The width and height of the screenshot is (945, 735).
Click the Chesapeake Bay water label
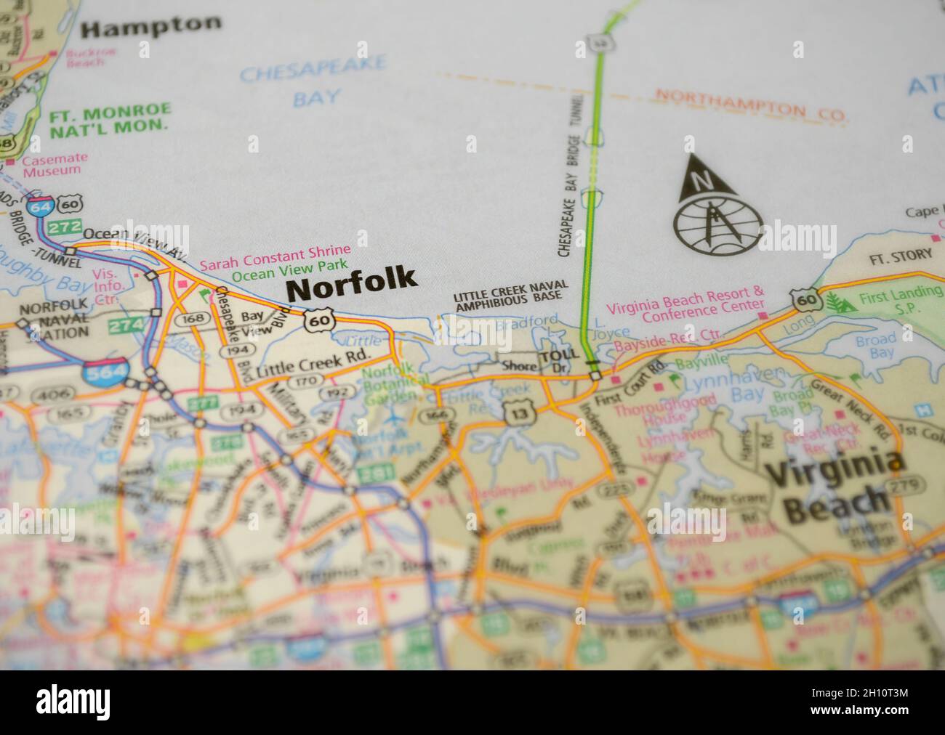[x=312, y=84]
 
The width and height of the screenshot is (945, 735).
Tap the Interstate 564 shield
[x=97, y=374]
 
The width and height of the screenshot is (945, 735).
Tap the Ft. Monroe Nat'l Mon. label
[x=110, y=120]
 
